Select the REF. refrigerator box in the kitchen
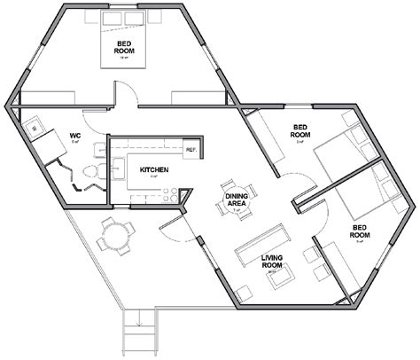click(189, 148)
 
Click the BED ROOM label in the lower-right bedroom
click(360, 230)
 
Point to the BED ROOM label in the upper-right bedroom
click(299, 132)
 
